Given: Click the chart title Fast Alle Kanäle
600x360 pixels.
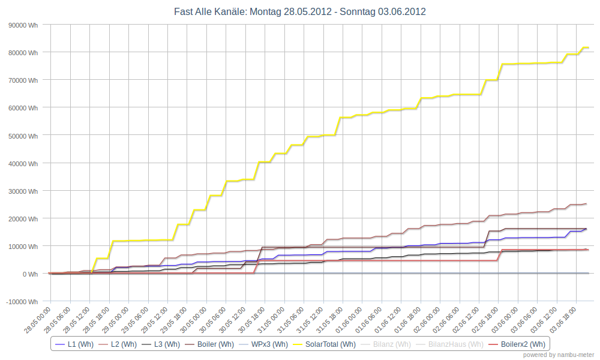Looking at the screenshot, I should (300, 11).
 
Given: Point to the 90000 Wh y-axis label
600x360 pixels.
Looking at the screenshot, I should (22, 25).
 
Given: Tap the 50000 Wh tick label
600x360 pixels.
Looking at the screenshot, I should (22, 136).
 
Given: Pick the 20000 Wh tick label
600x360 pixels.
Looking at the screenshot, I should (22, 218).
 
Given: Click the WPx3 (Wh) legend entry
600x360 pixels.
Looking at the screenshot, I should (266, 344).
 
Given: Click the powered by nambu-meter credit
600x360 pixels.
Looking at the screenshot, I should (558, 355).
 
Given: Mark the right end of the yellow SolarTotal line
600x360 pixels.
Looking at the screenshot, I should (589, 47).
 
